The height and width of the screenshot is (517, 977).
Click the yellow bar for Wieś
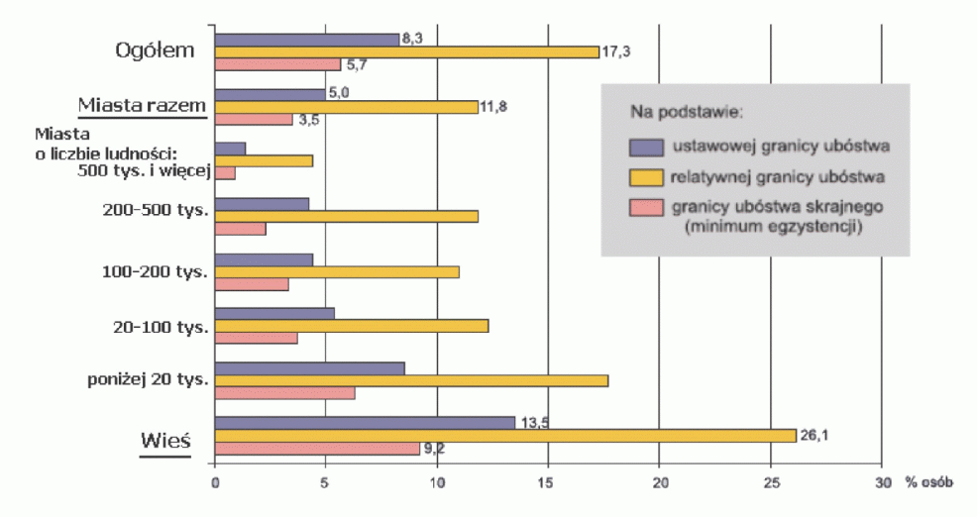click(505, 435)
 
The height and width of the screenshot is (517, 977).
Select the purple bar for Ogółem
click(307, 40)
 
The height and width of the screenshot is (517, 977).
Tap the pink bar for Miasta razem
click(254, 119)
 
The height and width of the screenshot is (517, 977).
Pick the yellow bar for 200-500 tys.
click(347, 216)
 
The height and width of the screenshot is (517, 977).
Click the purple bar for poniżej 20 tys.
click(309, 368)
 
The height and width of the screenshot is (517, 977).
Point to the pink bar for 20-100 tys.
click(256, 338)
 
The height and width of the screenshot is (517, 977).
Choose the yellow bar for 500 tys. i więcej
click(264, 160)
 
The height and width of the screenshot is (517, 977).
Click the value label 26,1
click(814, 435)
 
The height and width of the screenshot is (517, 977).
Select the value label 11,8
click(494, 106)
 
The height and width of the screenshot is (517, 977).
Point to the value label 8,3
click(413, 39)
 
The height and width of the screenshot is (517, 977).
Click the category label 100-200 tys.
click(155, 271)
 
